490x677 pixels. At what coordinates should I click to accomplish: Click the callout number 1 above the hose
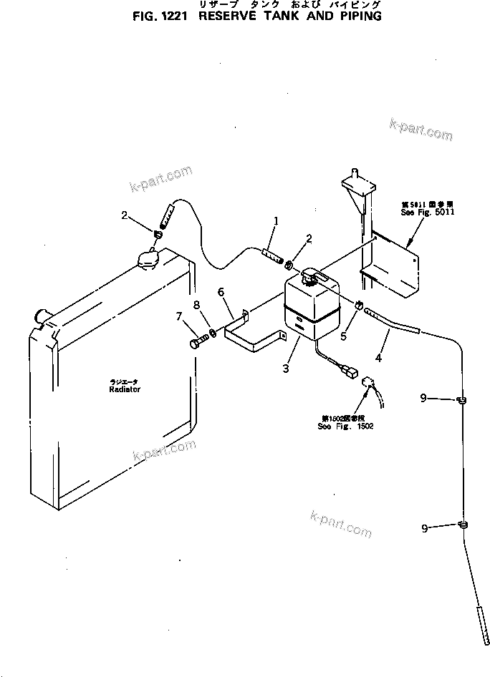275,220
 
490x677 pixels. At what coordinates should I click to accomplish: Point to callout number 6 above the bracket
221,291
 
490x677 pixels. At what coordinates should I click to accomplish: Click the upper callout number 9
424,398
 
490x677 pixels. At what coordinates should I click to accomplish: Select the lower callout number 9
425,529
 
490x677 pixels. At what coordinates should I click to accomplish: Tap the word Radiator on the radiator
125,390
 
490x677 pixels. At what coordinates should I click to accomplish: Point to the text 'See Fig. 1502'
345,426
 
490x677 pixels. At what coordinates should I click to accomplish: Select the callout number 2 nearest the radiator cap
125,215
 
